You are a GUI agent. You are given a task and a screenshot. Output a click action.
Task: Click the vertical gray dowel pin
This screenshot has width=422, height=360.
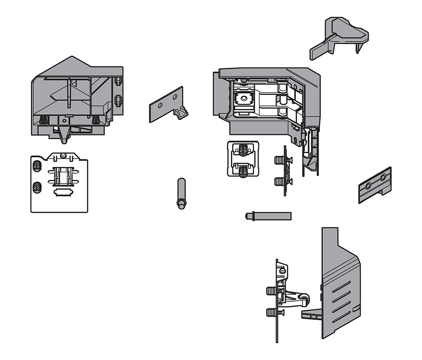coord(181,193)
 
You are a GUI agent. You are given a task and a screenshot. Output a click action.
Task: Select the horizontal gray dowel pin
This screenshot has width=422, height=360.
coord(268,216)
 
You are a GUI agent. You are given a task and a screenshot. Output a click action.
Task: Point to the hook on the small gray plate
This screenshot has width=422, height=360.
coord(181,113)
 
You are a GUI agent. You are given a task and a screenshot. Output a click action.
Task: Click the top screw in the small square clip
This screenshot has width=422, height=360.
coord(242,150)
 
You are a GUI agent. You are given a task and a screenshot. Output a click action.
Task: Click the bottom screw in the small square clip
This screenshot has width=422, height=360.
coord(242,169)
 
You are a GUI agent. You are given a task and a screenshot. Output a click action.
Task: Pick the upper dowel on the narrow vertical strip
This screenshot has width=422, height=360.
coord(279,160)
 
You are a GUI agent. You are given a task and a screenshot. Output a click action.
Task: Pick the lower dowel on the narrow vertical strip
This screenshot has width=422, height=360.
coord(279,181)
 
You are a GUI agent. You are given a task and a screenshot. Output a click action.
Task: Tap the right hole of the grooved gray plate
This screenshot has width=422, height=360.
coord(383,178)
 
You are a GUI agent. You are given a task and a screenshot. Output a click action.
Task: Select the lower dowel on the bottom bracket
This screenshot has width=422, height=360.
coord(272,313)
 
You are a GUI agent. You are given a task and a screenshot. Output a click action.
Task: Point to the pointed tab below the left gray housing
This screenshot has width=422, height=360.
coord(64,136)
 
